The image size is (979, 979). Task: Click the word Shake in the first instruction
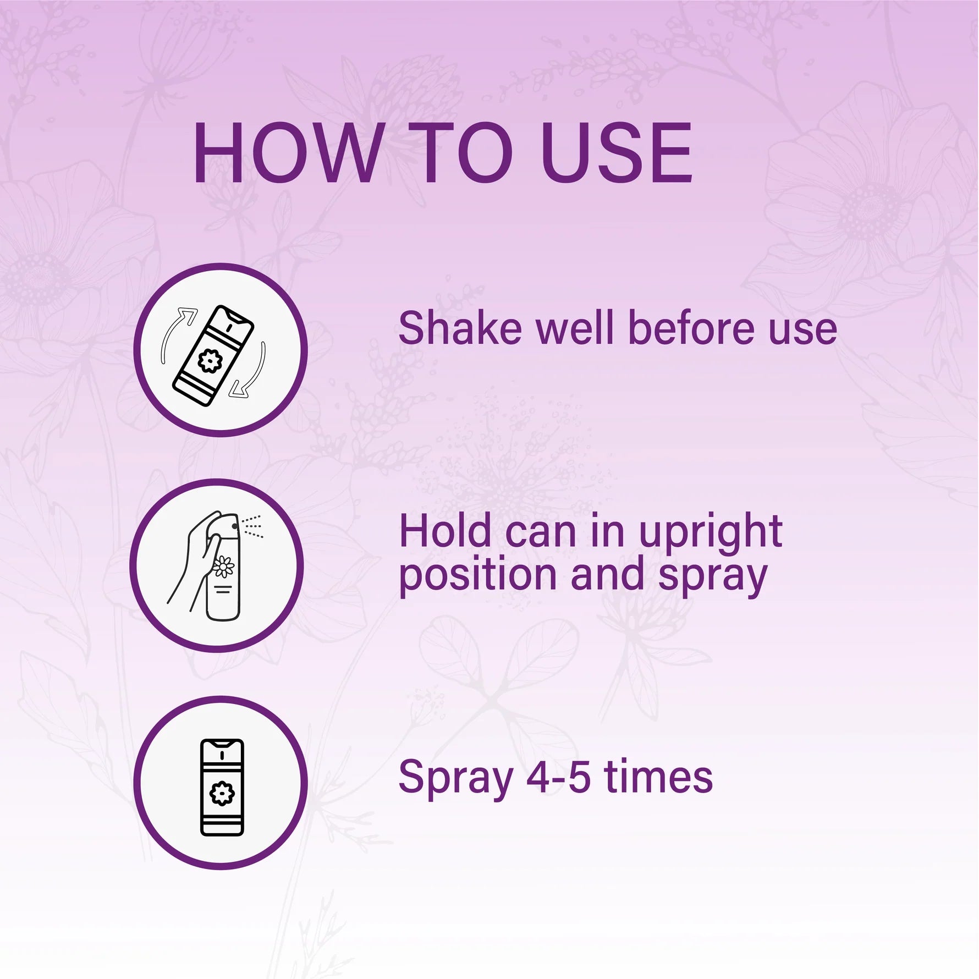[460, 328]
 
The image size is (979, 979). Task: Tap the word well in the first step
[575, 328]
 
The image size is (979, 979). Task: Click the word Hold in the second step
[445, 532]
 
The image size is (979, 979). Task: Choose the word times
[658, 777]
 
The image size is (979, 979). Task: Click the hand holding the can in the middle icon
[193, 561]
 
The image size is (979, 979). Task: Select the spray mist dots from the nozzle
[252, 526]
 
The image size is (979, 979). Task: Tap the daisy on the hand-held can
[223, 566]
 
